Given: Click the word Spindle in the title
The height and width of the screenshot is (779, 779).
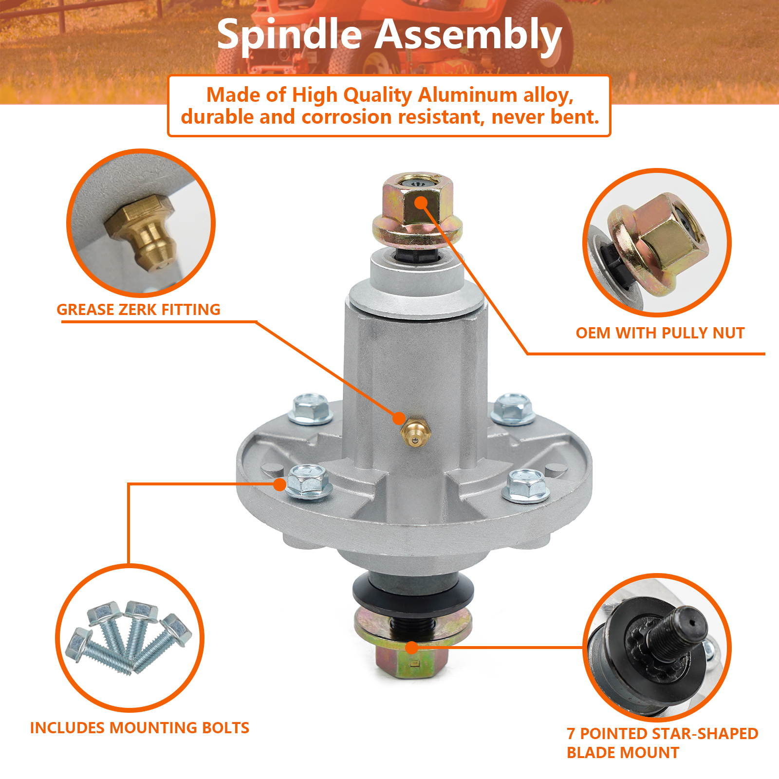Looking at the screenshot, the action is tap(289, 35).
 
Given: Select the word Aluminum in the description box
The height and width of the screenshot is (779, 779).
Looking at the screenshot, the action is tap(467, 95).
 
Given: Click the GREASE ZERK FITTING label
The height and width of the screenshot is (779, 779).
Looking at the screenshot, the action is tap(138, 310).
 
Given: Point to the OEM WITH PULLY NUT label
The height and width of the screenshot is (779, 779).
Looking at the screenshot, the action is tap(660, 333).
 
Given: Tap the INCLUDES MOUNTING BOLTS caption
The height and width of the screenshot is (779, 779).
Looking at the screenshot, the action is tap(140, 728).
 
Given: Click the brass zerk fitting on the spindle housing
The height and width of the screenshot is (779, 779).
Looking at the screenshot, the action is tap(414, 432).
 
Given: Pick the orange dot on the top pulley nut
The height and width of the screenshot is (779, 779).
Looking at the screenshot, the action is tap(421, 203).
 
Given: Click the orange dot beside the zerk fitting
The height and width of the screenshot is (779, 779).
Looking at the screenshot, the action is tap(399, 418).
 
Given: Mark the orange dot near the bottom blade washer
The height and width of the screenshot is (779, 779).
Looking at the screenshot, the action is tap(412, 648).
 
